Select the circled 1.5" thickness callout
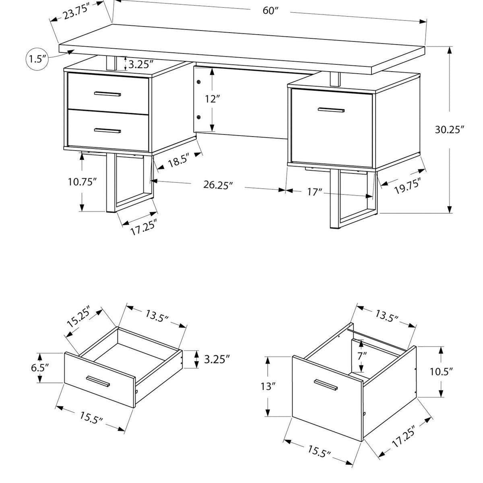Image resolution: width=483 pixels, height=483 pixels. (37, 60)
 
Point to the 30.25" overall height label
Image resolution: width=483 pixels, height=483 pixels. (450, 130)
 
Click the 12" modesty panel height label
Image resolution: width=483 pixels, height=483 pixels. (213, 99)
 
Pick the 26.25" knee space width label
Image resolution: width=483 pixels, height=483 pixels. (218, 185)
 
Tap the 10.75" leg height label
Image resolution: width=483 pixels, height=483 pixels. (82, 182)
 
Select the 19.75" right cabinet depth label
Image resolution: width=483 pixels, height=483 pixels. (407, 186)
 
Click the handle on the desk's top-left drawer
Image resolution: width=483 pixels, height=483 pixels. (107, 94)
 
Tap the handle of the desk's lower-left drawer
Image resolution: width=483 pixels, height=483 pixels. (107, 130)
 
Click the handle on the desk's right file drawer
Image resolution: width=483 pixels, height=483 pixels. (331, 109)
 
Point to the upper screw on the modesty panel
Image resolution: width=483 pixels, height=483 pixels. (199, 82)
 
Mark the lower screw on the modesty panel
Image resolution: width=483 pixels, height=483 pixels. (199, 117)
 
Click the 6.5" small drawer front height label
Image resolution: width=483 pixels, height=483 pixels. (39, 368)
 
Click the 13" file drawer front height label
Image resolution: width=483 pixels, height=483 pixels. (268, 386)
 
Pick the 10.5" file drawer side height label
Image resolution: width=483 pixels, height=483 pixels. (442, 372)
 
